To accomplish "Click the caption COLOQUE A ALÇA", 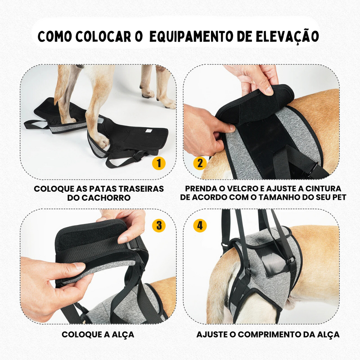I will coord(98,335).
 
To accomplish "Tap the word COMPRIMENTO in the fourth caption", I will coord(274,335).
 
